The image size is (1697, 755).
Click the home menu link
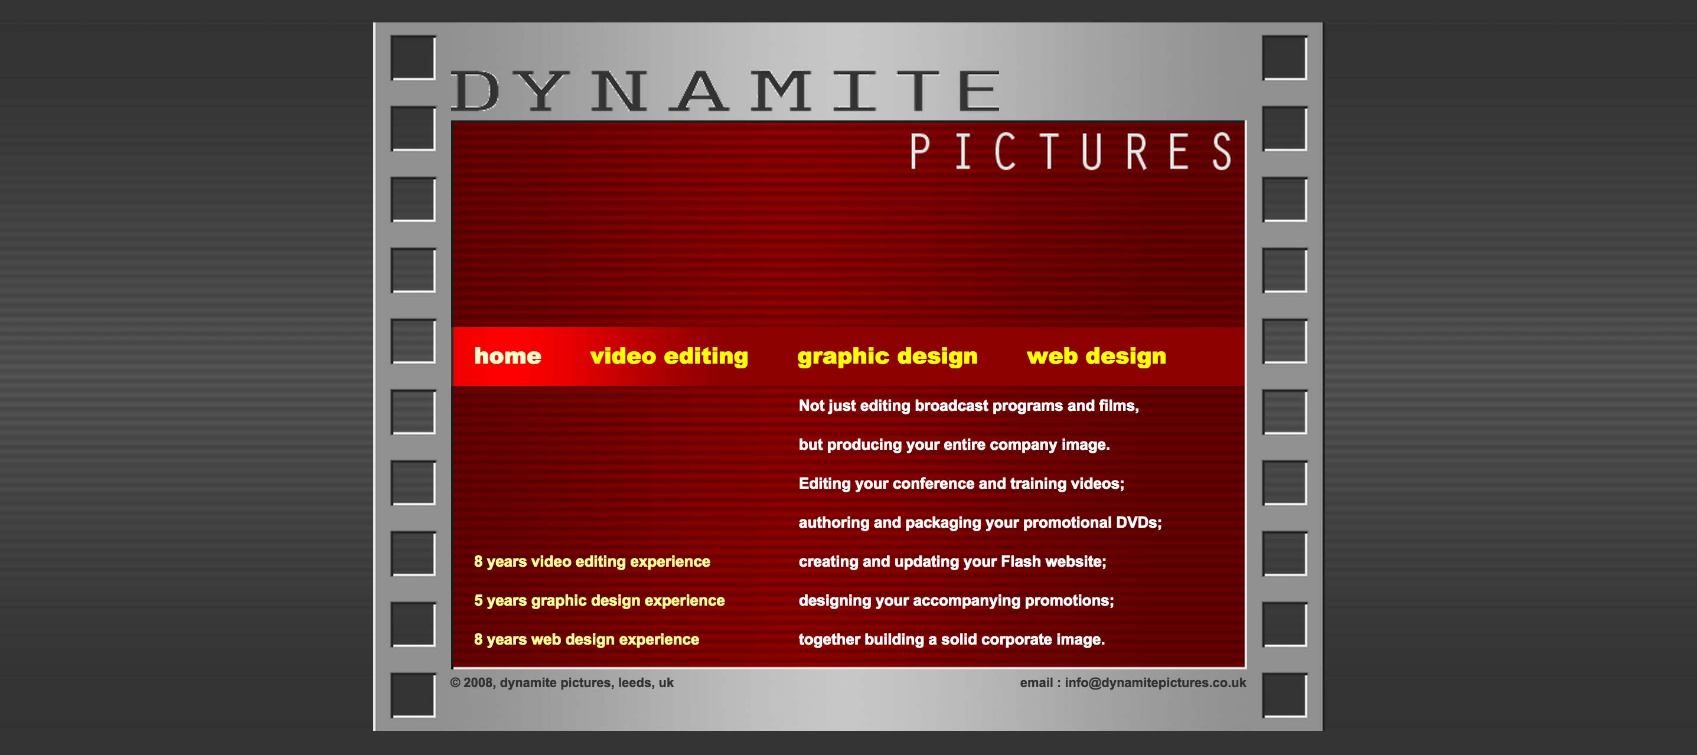coord(507,357)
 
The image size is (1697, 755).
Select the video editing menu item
coord(668,357)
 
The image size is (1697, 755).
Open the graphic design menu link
coord(887,357)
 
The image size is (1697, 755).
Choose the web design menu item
coord(1096,357)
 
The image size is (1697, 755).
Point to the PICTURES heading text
coord(1071,152)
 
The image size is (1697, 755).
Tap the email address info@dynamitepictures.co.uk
coord(1155,683)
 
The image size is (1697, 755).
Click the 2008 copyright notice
coord(562,683)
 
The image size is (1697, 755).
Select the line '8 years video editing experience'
coord(592,561)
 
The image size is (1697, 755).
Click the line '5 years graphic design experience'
coord(599,601)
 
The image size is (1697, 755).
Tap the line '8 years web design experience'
coord(586,640)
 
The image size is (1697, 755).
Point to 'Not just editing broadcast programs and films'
coord(968,406)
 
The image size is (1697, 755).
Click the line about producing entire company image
coord(954,444)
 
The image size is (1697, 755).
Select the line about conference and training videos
coord(961,483)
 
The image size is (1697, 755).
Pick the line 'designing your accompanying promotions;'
coord(956,601)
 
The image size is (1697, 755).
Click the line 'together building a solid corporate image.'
coord(951,640)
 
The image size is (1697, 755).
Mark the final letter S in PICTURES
coord(1222,152)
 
